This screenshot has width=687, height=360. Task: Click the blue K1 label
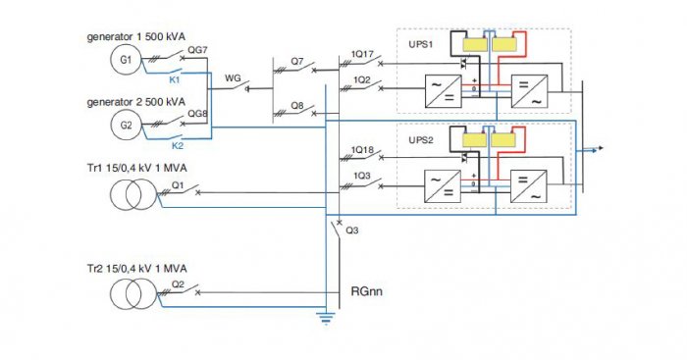(x=175, y=80)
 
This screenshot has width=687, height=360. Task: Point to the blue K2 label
(x=178, y=146)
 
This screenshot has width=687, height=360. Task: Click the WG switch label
(x=233, y=77)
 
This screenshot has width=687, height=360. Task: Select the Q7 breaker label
(x=297, y=62)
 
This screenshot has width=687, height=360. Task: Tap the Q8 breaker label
(x=297, y=106)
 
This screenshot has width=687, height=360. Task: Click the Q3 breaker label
(x=351, y=230)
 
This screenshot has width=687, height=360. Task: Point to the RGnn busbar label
(x=367, y=291)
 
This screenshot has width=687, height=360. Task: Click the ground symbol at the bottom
(x=326, y=319)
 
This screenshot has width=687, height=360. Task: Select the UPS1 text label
(x=421, y=44)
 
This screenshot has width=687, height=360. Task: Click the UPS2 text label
(x=421, y=140)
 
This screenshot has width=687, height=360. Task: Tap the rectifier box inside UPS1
(x=443, y=91)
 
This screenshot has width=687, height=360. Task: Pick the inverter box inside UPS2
(x=529, y=186)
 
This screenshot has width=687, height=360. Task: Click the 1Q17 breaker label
(x=362, y=54)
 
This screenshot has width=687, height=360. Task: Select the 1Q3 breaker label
(x=362, y=176)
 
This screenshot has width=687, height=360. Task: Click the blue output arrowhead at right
(x=600, y=148)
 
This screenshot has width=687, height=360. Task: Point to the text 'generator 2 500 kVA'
(x=135, y=102)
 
